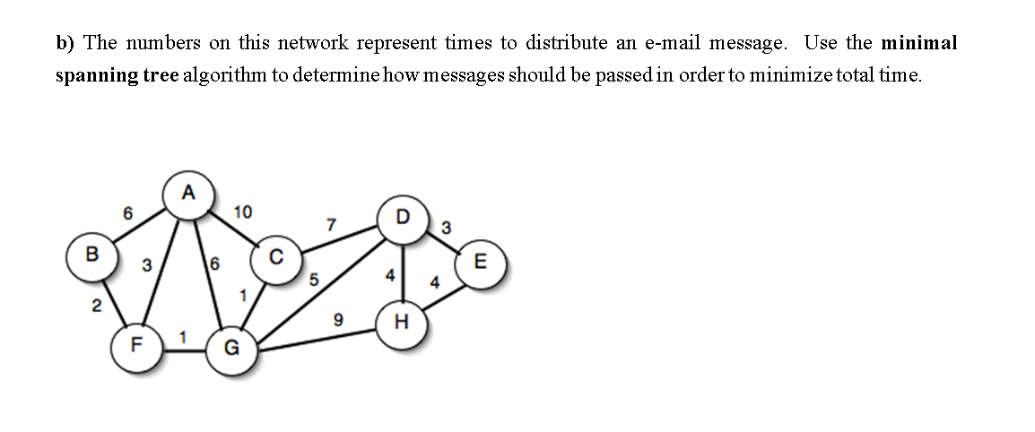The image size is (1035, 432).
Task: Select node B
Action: pos(91,254)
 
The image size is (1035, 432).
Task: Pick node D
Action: pos(403,217)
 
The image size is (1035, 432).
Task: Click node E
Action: pos(481,263)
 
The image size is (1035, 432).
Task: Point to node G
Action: pos(230,350)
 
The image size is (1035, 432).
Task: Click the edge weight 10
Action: pos(242,212)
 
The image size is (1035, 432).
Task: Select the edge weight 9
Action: pos(337,318)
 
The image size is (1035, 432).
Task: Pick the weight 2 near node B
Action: pos(96,306)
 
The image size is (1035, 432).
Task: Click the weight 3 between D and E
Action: pos(446,227)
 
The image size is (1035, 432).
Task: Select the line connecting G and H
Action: pos(314,340)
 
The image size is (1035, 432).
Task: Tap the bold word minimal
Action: pos(919,43)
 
